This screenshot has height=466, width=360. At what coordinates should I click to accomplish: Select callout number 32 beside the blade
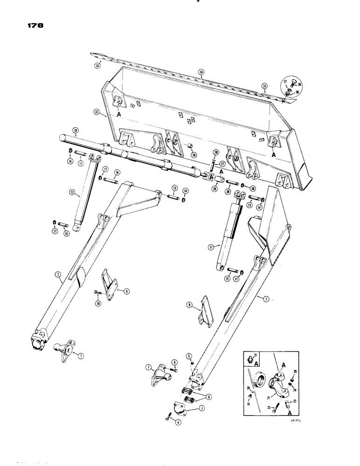click(96, 112)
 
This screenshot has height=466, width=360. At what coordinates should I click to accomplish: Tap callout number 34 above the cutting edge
click(201, 72)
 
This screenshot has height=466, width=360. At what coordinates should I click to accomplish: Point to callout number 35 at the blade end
click(97, 66)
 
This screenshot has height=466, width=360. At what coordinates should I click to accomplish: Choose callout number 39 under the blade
click(194, 154)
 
